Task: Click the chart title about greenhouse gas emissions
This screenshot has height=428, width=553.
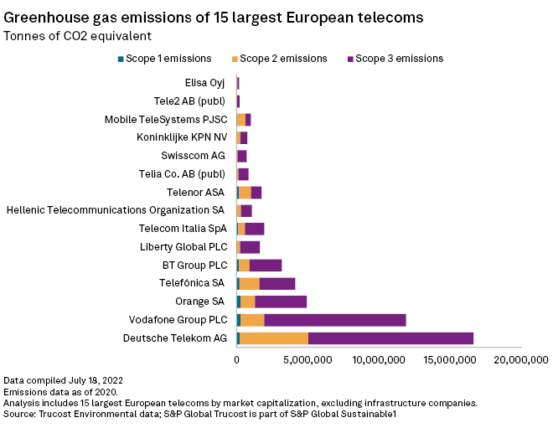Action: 214,17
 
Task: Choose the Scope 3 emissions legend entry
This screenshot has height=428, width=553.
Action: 395,59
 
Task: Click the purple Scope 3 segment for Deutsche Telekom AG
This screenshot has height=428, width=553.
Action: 390,338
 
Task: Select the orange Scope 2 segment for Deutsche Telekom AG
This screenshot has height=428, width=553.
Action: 274,338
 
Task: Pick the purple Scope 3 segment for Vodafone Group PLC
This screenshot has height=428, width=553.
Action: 335,320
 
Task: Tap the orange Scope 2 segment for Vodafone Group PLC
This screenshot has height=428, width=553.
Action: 252,320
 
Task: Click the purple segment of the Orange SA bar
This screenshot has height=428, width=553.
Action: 281,302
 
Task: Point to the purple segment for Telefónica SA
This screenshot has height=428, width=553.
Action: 277,283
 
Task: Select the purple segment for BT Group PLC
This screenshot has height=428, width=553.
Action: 266,266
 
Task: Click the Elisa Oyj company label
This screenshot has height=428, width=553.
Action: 205,83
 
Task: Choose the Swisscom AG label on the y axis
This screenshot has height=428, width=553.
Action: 194,156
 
